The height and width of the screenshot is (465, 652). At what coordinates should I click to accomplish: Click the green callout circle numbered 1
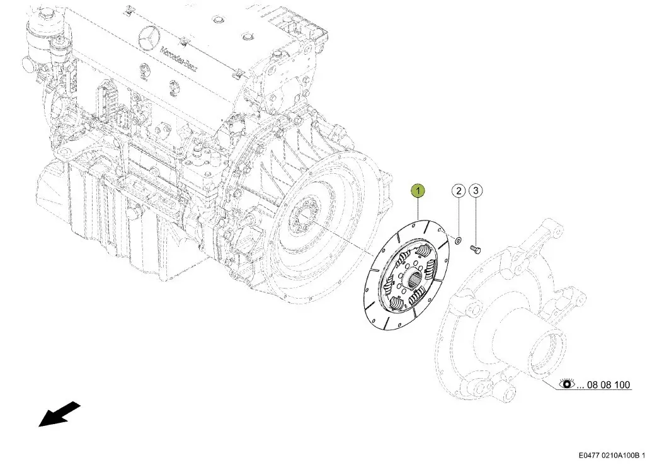pos(418,191)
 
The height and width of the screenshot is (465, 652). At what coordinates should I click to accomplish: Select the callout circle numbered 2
pos(458,191)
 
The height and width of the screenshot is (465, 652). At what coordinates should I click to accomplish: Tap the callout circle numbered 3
pos(476,191)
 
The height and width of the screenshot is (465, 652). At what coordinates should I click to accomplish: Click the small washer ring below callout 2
pos(458,240)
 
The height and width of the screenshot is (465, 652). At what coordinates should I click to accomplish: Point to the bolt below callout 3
pos(476,249)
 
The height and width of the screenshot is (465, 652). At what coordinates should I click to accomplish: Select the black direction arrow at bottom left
pos(59,414)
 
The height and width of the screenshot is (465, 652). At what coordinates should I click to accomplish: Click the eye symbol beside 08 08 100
pos(566,384)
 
